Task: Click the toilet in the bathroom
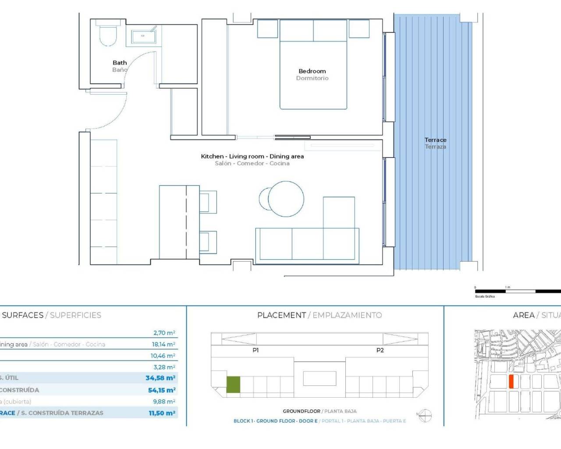tap(108, 34)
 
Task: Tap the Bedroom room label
tap(312, 71)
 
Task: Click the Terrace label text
tap(435, 140)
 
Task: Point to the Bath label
tap(120, 63)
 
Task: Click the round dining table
tap(285, 199)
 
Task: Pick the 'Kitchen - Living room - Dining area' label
tap(252, 156)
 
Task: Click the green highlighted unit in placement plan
tap(233, 385)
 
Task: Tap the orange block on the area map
tap(511, 381)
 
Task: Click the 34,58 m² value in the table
tap(160, 378)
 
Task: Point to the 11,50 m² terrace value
tap(162, 413)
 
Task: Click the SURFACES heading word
tap(23, 315)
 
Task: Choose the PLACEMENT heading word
tap(281, 315)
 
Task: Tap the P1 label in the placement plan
tap(256, 350)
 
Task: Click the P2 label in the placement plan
tap(380, 350)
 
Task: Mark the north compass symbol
tap(425, 415)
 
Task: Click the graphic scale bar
tap(517, 291)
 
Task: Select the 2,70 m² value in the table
tap(164, 333)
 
